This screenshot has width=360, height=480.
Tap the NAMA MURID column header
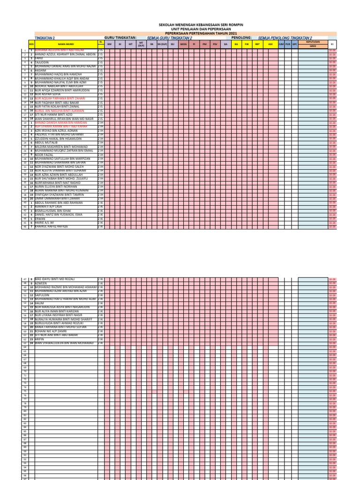coord(64,44)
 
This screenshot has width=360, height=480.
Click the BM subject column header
coord(109,44)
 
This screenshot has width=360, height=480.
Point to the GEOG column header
coord(183,44)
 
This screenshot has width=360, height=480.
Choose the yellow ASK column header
coord(270,44)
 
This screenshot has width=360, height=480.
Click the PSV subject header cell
coord(215,44)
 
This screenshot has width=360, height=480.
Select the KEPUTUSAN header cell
coord(313,42)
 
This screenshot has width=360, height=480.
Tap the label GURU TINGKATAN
coord(120,37)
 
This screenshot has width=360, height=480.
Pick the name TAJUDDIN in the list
coord(43,62)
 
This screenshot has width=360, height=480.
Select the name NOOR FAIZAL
coord(43,155)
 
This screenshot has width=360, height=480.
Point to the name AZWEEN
coord(41,284)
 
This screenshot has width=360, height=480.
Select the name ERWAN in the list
coord(40,219)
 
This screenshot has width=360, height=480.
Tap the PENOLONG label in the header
coord(242,37)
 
